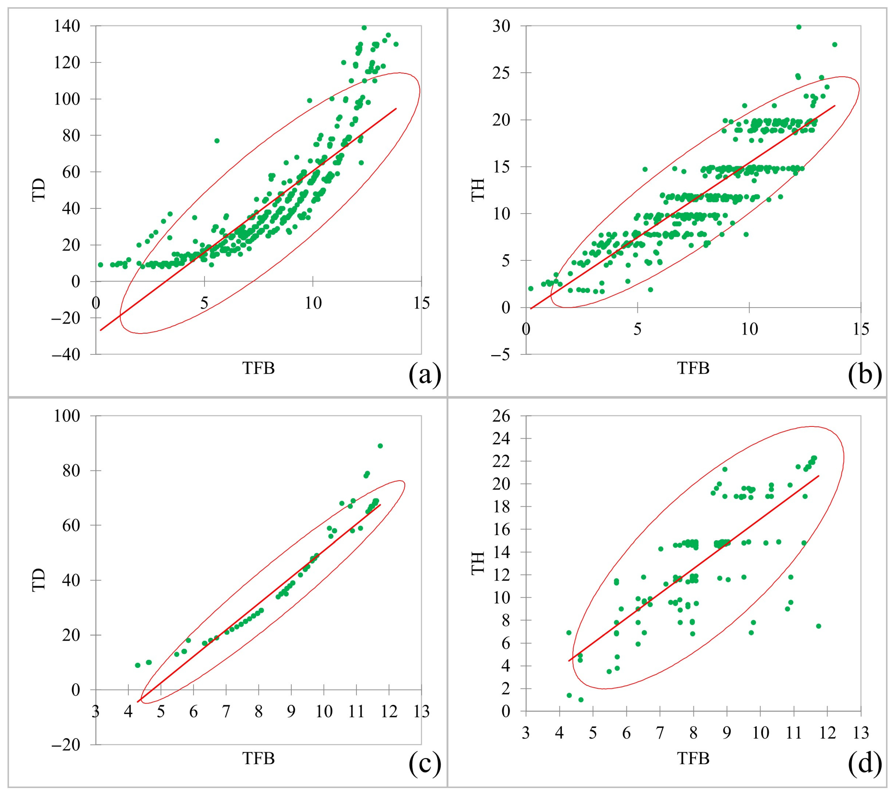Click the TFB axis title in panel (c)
tap(258, 758)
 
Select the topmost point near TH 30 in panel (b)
tap(798, 27)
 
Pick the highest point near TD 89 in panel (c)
tap(380, 446)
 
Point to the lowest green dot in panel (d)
tap(581, 700)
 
